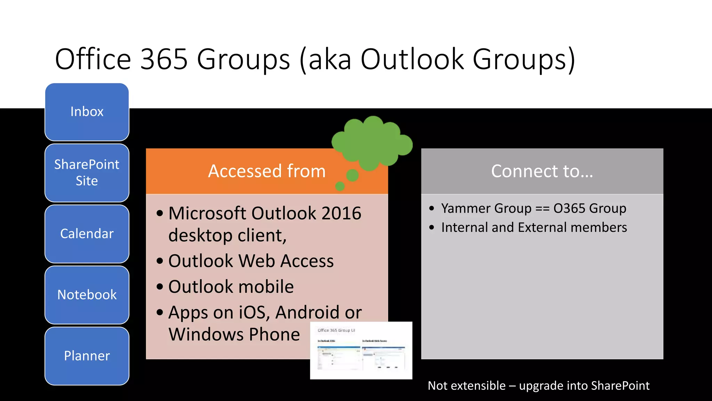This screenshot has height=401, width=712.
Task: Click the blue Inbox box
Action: pyautogui.click(x=87, y=112)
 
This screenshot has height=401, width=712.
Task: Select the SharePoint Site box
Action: pyautogui.click(x=87, y=173)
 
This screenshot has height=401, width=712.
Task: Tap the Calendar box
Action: pyautogui.click(x=87, y=234)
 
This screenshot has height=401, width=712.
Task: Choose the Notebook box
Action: pyautogui.click(x=87, y=295)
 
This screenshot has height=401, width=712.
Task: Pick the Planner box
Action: pyautogui.click(x=87, y=356)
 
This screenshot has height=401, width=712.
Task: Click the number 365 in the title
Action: pyautogui.click(x=164, y=59)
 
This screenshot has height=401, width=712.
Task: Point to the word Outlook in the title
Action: pyautogui.click(x=412, y=59)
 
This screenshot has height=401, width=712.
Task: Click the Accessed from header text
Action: pyautogui.click(x=267, y=171)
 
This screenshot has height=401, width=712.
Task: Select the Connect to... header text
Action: pyautogui.click(x=542, y=171)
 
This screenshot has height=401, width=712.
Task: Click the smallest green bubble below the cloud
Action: pyautogui.click(x=340, y=187)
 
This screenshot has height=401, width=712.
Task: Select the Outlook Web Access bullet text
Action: pyautogui.click(x=251, y=261)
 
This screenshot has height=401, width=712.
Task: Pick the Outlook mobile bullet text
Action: pyautogui.click(x=231, y=286)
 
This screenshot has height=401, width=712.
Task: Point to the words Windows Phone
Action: pyautogui.click(x=234, y=335)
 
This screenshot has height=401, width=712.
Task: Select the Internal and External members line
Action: pyautogui.click(x=534, y=227)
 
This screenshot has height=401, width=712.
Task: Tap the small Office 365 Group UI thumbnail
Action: pyautogui.click(x=361, y=351)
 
